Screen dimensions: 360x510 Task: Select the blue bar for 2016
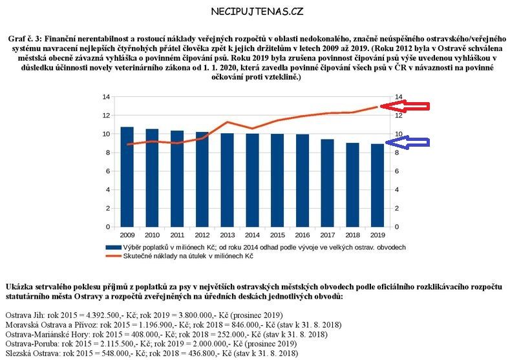(301, 180)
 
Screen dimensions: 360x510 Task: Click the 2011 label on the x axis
(177, 236)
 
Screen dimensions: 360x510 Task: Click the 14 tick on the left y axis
(106, 97)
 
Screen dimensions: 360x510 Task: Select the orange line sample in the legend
(115, 257)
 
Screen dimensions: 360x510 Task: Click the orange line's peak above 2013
(227, 122)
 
